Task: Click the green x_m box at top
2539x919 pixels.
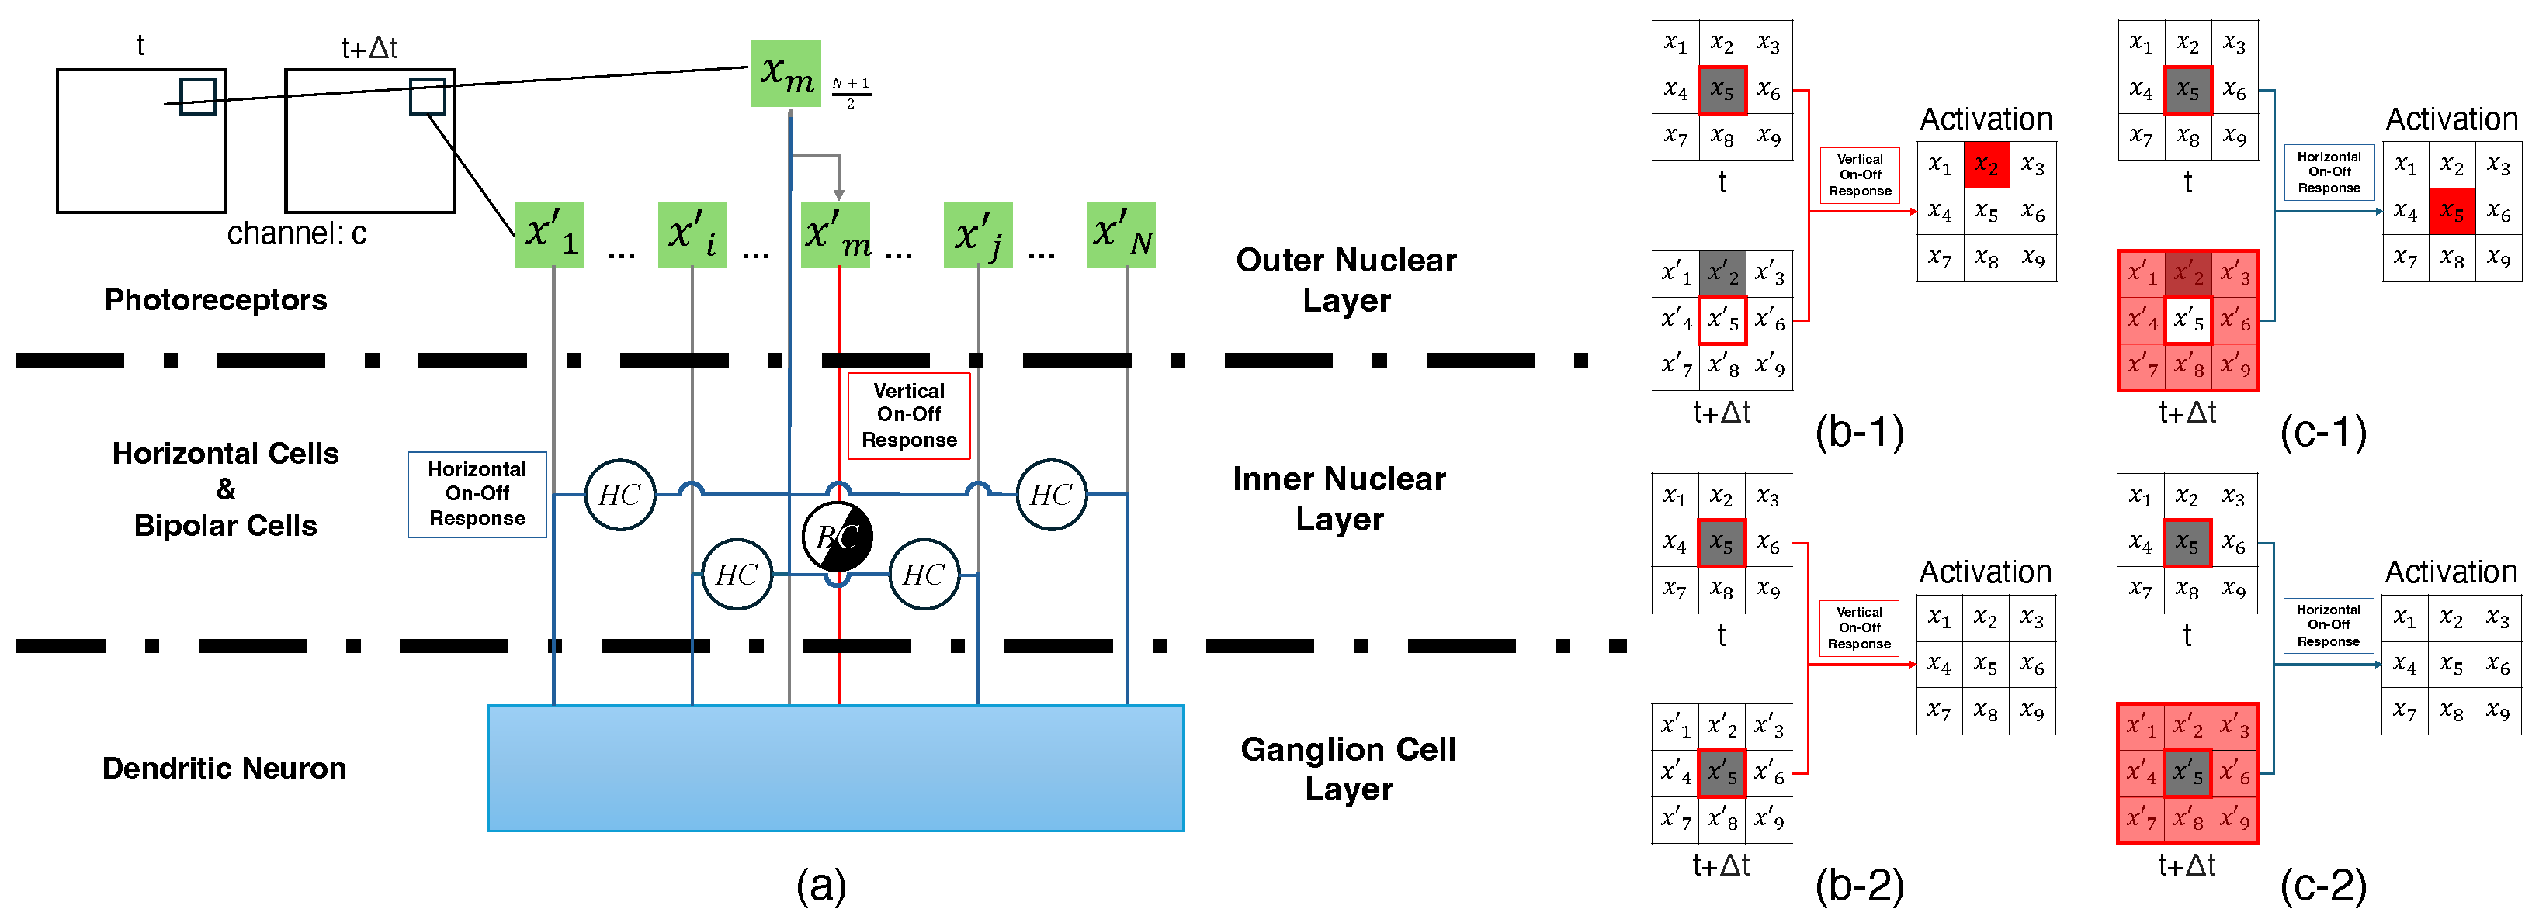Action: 786,73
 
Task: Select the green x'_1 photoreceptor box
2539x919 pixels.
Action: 549,234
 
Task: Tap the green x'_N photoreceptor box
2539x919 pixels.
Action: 1121,234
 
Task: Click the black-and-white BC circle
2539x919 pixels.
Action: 837,537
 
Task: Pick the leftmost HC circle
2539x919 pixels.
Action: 620,495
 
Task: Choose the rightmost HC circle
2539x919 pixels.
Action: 1051,495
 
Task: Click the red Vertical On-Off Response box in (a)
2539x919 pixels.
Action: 909,416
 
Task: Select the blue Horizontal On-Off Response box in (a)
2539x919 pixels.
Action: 477,495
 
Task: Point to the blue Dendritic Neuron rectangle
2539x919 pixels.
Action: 835,769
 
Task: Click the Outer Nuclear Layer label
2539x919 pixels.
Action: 1347,280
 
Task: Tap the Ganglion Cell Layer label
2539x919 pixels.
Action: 1348,769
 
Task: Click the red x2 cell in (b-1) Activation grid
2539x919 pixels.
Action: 1986,165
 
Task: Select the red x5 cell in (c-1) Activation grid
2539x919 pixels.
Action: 2451,212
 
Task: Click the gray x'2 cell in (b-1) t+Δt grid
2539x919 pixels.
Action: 1722,273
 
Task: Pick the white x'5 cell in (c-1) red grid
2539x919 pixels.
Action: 2187,320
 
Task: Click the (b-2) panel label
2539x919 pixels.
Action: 1859,886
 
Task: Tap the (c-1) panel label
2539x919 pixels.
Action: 2323,433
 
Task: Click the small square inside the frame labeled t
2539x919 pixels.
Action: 197,96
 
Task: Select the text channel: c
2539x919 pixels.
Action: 297,233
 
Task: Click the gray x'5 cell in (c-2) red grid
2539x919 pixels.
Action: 2187,772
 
